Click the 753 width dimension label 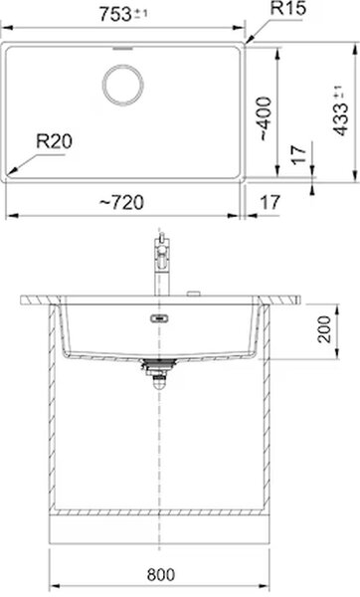pyautogui.click(x=115, y=15)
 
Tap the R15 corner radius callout pyautogui.click(x=287, y=8)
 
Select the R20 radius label pyautogui.click(x=54, y=142)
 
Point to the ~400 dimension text pyautogui.click(x=265, y=119)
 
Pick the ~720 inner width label pyautogui.click(x=121, y=202)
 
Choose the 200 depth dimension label pyautogui.click(x=324, y=329)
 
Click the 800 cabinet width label pyautogui.click(x=161, y=574)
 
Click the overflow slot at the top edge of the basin pyautogui.click(x=123, y=49)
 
